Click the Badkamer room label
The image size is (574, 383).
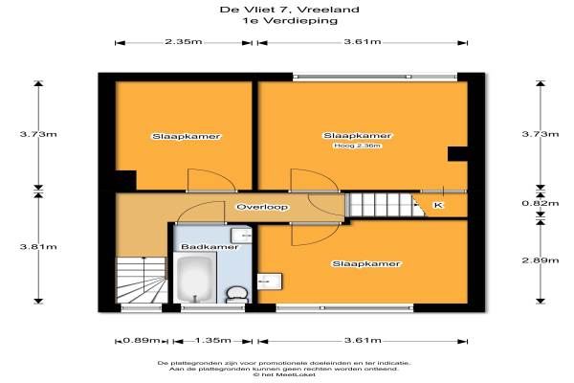pos(210,247)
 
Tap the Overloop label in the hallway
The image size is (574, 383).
pos(262,207)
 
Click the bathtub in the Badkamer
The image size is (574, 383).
pos(195,279)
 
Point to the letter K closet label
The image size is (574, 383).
pos(438,205)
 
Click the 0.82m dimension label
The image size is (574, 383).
pos(541,203)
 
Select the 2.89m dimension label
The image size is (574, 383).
pos(541,260)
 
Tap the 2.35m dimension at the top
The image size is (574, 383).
pos(184,41)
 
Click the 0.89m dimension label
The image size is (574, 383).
pos(142,341)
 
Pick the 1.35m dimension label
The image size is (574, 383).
pos(212,341)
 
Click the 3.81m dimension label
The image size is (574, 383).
pos(38,247)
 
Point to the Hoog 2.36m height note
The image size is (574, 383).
pos(357,146)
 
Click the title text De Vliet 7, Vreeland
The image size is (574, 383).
pos(289,10)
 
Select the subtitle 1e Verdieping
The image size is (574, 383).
pos(289,20)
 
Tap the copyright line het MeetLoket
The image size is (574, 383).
pos(284,374)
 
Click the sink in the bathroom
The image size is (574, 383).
pos(241,235)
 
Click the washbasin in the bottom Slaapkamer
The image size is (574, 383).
pos(270,282)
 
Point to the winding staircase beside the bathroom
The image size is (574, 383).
pos(142,280)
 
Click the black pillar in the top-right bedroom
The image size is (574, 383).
pos(457,153)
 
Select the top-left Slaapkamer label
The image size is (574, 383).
pos(187,137)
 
